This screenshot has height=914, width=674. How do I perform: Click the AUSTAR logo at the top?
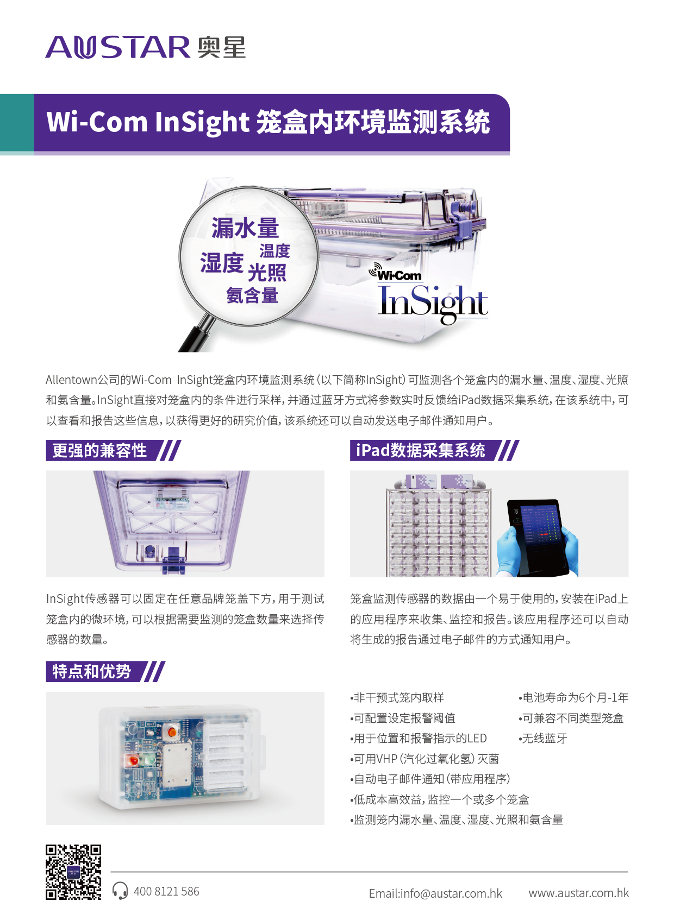point(146,47)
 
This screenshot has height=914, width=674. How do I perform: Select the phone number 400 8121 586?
point(166,891)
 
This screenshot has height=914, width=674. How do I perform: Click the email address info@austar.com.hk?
point(435,893)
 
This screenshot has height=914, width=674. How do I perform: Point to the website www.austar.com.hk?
point(578,893)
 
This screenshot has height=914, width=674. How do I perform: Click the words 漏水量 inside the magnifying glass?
point(245,228)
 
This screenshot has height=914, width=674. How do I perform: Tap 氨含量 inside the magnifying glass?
point(252,295)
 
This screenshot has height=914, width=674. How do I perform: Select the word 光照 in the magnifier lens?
point(267,272)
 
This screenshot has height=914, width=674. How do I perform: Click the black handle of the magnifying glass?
point(197,335)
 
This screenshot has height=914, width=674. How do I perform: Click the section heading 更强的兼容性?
point(99,450)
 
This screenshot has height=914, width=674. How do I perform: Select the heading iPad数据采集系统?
point(420,450)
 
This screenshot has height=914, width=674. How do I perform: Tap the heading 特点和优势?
point(91,671)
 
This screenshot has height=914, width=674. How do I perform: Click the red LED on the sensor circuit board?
point(134,761)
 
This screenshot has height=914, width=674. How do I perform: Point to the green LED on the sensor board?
point(149,761)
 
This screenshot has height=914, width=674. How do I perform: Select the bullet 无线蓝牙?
point(543,738)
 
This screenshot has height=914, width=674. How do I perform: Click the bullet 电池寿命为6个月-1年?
point(573,697)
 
